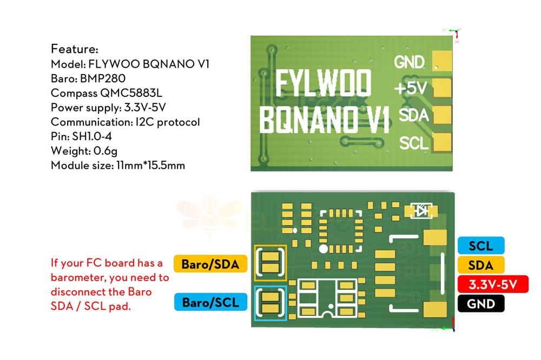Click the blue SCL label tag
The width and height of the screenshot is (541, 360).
(x=481, y=246)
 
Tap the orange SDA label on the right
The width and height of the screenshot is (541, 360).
(x=481, y=265)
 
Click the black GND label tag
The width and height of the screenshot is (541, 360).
(x=481, y=303)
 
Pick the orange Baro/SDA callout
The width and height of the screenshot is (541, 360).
(x=210, y=264)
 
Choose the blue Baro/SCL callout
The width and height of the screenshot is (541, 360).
(x=210, y=302)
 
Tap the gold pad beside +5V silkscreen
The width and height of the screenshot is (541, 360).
(x=441, y=87)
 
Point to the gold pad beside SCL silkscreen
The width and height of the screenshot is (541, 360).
(x=441, y=142)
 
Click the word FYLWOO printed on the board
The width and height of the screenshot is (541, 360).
(x=324, y=84)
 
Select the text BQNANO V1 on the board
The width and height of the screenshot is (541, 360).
(x=325, y=119)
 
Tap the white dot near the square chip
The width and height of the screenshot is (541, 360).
(x=323, y=249)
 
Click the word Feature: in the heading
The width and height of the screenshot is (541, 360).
(x=75, y=48)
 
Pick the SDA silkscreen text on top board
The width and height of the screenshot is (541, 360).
(x=413, y=115)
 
